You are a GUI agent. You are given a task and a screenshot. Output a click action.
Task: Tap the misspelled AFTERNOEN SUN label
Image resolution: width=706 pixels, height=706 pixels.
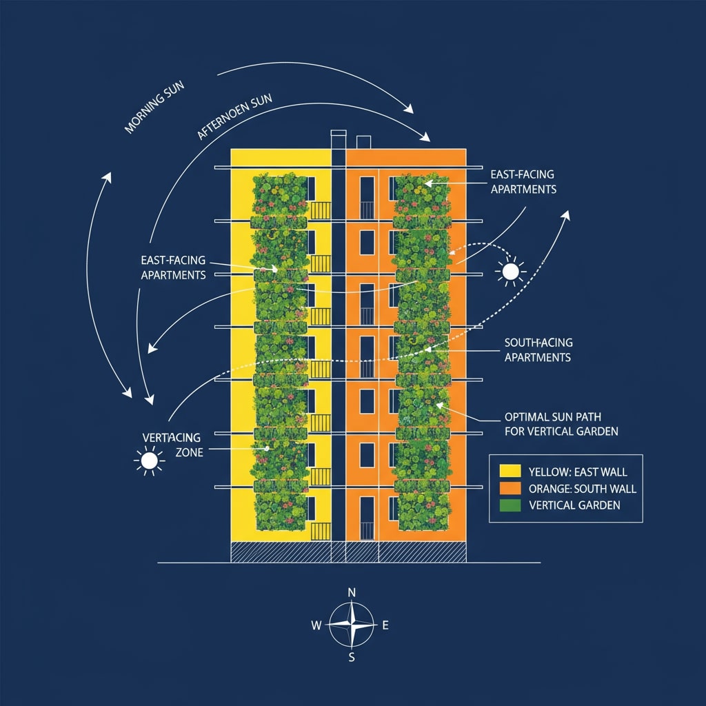click(234, 117)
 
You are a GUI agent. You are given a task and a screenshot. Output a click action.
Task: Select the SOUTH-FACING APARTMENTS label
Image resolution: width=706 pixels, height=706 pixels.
click(538, 350)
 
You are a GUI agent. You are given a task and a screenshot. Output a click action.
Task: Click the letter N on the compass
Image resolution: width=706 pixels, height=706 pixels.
click(352, 593)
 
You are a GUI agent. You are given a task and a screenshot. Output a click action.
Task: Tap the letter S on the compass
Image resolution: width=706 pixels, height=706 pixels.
click(352, 656)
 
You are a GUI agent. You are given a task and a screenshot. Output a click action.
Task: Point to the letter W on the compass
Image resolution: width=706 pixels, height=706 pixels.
click(316, 625)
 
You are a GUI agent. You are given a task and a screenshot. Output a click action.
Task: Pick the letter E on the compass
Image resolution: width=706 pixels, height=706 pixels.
click(385, 625)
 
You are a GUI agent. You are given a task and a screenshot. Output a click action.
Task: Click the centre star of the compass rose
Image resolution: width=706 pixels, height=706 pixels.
click(352, 625)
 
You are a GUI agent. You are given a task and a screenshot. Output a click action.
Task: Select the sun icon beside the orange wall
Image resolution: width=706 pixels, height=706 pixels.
click(510, 272)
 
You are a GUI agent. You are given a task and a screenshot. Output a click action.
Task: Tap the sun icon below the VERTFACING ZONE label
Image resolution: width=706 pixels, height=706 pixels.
click(149, 461)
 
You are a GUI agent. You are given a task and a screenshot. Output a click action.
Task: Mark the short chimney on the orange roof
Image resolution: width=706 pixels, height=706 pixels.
click(363, 142)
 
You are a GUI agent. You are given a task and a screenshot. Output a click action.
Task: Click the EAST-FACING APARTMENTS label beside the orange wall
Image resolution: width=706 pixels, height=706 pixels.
click(523, 182)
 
